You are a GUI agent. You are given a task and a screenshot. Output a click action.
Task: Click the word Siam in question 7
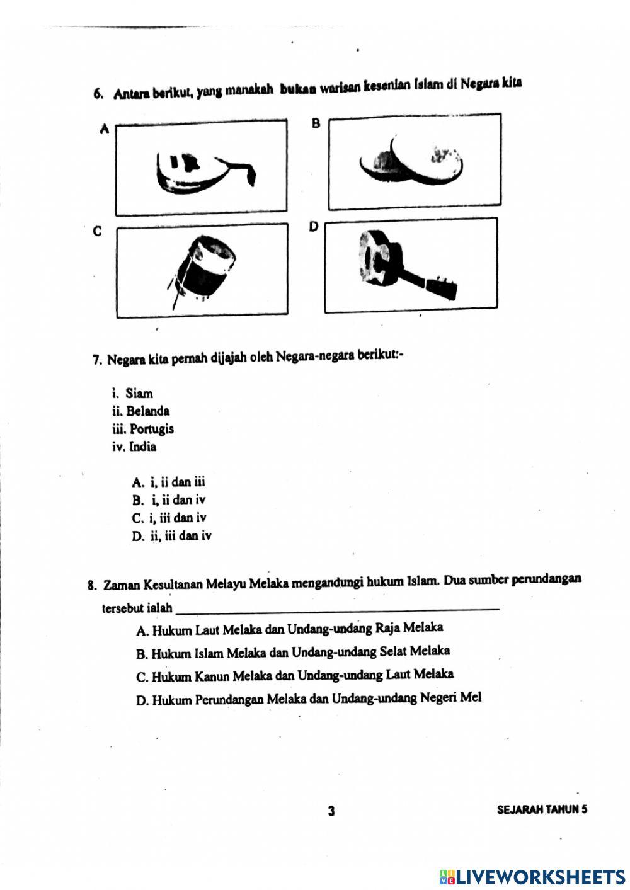(139, 394)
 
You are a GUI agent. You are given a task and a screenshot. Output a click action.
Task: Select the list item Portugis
(151, 430)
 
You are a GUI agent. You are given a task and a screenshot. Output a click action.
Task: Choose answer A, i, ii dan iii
(169, 482)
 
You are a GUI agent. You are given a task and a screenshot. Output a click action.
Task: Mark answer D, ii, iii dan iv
(172, 537)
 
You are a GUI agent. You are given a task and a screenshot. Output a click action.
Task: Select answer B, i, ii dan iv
(169, 501)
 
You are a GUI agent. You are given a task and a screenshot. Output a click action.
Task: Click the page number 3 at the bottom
(331, 811)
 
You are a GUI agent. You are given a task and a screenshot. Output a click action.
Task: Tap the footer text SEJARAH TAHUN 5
(542, 810)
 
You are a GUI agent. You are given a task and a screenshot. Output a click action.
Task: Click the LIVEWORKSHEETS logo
(532, 877)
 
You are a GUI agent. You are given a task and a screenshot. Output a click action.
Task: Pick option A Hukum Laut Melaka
(289, 629)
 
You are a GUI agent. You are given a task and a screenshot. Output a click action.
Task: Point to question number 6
(98, 94)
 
